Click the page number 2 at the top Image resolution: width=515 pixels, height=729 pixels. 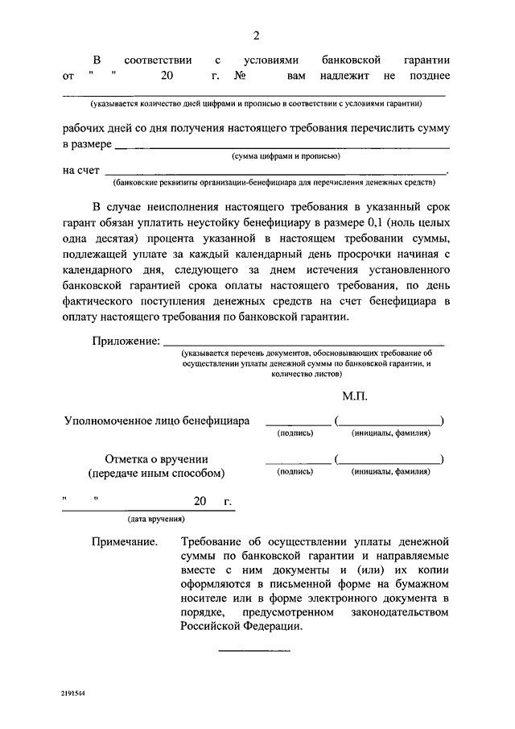point(256,35)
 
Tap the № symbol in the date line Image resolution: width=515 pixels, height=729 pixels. point(239,77)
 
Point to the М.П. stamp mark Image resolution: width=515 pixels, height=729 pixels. point(354,397)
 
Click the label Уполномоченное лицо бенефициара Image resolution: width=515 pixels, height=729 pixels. point(157,420)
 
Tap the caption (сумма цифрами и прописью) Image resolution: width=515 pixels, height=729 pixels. point(286,156)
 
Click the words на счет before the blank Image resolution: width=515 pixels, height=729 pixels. point(80,170)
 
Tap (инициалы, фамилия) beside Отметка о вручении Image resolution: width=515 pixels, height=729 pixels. point(391,472)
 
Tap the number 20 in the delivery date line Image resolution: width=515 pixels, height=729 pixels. point(200,501)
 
